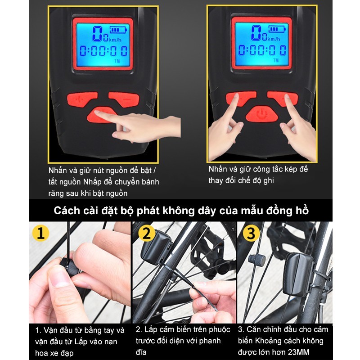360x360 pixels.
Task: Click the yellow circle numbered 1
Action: tap(41, 233)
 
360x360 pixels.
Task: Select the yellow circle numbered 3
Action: tap(251, 233)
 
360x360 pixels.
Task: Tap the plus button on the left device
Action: tap(81, 99)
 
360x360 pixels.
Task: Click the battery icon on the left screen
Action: tap(118, 30)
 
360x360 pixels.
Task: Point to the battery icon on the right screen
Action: tap(277, 29)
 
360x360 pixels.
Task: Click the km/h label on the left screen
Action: tap(115, 40)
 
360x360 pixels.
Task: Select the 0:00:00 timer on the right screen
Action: tap(262, 50)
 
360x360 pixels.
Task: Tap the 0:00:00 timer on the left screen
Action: tap(103, 51)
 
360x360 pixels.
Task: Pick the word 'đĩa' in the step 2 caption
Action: tap(141, 352)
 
